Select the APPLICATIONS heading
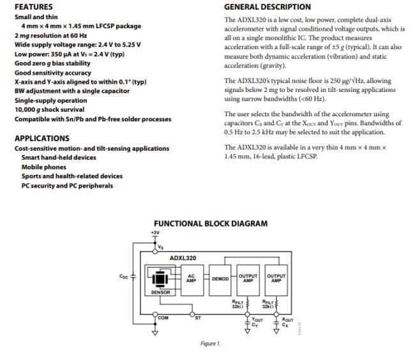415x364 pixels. coord(41,138)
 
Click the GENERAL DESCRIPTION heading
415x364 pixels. coord(268,7)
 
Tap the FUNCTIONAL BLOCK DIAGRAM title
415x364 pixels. coord(211,224)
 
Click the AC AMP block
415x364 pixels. coord(190,278)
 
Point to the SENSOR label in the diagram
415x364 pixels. coord(160,292)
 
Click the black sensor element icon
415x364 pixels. coord(160,278)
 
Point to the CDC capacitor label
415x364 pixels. coord(124,277)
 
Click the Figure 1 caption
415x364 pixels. coord(210,344)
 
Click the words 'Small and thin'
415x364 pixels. coord(37,17)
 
